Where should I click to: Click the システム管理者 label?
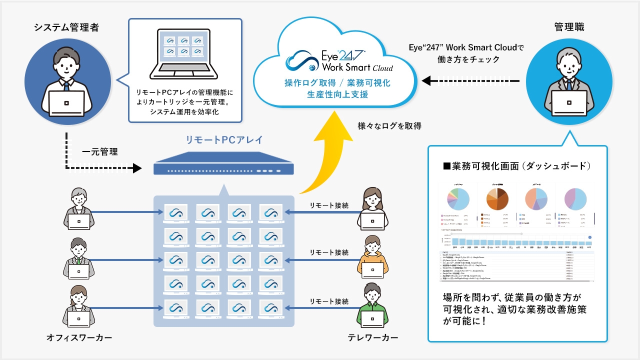pos(66,27)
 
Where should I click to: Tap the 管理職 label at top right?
pos(569,27)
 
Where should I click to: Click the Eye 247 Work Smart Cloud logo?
pos(339,60)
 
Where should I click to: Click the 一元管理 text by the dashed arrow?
pos(100,151)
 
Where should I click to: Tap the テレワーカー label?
pos(373,338)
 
